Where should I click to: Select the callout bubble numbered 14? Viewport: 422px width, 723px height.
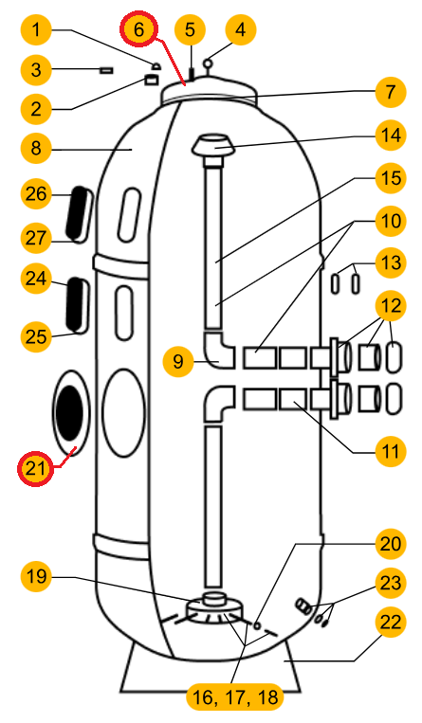[x=391, y=136]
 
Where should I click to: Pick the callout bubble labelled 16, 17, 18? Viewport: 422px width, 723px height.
[x=235, y=696]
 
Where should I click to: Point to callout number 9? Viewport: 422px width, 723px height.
[x=178, y=361]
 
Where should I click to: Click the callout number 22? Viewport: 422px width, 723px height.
[x=391, y=623]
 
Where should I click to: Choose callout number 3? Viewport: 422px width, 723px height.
[x=36, y=70]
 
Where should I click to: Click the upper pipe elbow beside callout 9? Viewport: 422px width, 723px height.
[x=219, y=351]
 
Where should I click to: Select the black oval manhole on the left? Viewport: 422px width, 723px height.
[x=69, y=413]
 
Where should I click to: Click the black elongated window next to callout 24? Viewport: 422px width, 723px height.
[x=76, y=303]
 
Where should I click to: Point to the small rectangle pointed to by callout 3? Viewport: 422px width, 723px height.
[x=106, y=70]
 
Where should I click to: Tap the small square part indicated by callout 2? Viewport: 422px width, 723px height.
[x=151, y=80]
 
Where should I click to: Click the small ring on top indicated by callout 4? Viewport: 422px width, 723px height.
[x=209, y=63]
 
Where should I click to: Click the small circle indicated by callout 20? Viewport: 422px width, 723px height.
[x=257, y=625]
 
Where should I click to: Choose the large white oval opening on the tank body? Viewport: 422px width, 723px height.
[x=123, y=413]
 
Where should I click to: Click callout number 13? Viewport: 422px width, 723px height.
[x=391, y=262]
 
